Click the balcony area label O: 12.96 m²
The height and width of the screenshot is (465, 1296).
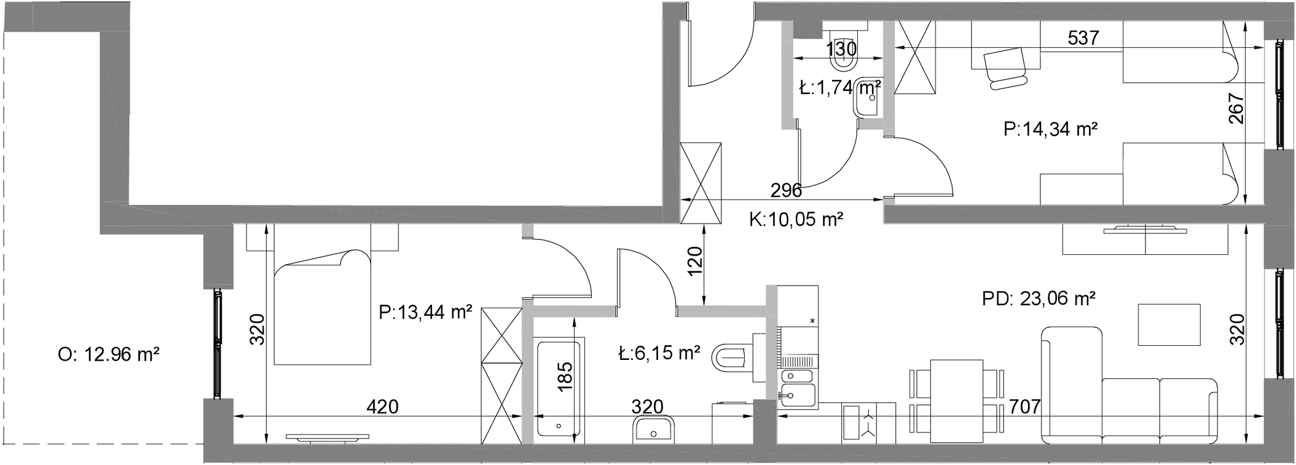109,354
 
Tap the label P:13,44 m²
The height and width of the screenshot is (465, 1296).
425,313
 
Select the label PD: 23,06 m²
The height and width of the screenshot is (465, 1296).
1039,299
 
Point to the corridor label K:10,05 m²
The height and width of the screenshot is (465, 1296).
796,219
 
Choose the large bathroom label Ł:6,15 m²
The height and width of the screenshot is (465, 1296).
659,353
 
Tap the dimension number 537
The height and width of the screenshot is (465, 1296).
1083,38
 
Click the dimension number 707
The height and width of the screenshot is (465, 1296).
1025,406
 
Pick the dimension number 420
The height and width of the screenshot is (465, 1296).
382,406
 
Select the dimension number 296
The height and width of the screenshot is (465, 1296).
786,190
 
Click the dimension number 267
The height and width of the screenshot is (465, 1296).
1236,108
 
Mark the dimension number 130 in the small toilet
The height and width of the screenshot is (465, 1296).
841,49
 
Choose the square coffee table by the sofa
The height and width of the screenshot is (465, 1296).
1169,324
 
